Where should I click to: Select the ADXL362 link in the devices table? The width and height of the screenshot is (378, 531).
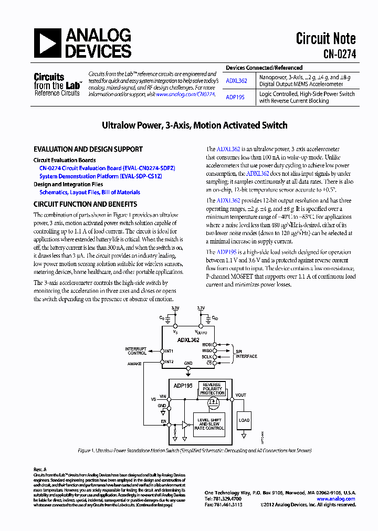coord(236,81)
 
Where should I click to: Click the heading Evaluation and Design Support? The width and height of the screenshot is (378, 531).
coord(88,150)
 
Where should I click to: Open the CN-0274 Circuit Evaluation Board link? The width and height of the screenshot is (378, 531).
coord(107,168)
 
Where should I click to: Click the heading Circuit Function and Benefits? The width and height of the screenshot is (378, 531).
coord(86,204)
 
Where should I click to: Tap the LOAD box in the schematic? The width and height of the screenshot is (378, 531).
coord(244,420)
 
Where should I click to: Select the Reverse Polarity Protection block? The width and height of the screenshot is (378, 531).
coord(212,389)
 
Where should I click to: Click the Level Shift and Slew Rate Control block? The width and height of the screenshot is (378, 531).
coord(209,424)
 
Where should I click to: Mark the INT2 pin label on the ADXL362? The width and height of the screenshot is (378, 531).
coord(169,362)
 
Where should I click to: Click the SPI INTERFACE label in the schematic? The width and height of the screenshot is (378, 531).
coord(246,354)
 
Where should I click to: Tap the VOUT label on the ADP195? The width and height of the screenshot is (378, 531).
coord(240,395)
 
